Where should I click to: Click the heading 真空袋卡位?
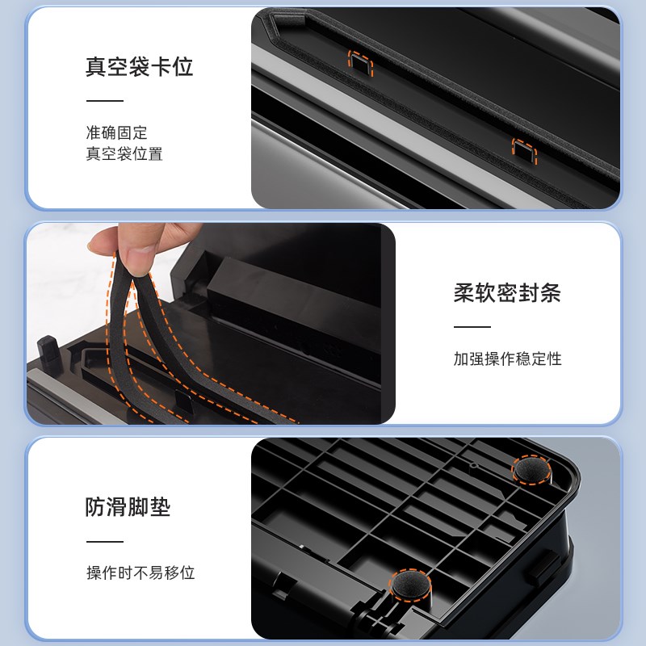point(139,66)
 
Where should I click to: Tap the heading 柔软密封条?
point(506,293)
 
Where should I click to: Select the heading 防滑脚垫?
point(128,507)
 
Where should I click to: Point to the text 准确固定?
point(116,132)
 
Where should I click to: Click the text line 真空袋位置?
point(124,153)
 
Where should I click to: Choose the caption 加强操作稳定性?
point(506,359)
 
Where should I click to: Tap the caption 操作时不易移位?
point(141,573)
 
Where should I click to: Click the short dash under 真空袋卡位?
point(104,101)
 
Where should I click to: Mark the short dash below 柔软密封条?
point(472,327)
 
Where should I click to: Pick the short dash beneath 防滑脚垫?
point(104,542)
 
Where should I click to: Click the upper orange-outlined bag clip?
point(360,62)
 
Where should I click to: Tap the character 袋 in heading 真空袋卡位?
point(139,66)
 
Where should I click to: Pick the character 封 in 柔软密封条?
point(528,293)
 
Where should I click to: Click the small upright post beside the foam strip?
point(46,353)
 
